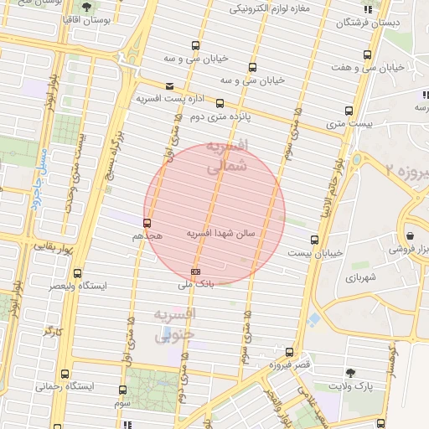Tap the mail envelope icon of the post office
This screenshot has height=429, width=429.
tap(169, 86)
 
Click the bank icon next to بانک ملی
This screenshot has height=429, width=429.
tap(196, 271)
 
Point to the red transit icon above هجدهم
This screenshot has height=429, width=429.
tap(147, 223)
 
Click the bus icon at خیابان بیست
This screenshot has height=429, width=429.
tap(314, 240)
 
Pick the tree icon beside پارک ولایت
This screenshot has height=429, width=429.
tap(350, 373)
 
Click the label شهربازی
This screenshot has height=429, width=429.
tap(360, 277)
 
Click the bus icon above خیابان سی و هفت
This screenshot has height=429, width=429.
tap(366, 54)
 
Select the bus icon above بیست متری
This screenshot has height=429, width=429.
tap(349, 111)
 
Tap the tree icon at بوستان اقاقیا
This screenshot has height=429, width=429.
tap(86, 8)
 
